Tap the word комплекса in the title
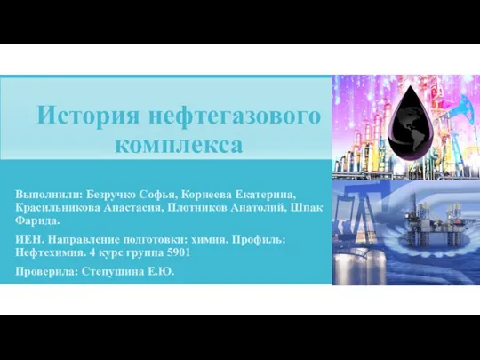[179, 144]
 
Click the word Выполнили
[49, 195]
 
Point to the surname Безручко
[111, 195]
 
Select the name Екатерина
[266, 195]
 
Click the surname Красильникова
[58, 207]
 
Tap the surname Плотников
[197, 207]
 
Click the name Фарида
[37, 220]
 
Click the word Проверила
[47, 271]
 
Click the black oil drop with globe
[411, 123]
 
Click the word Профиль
[259, 240]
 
